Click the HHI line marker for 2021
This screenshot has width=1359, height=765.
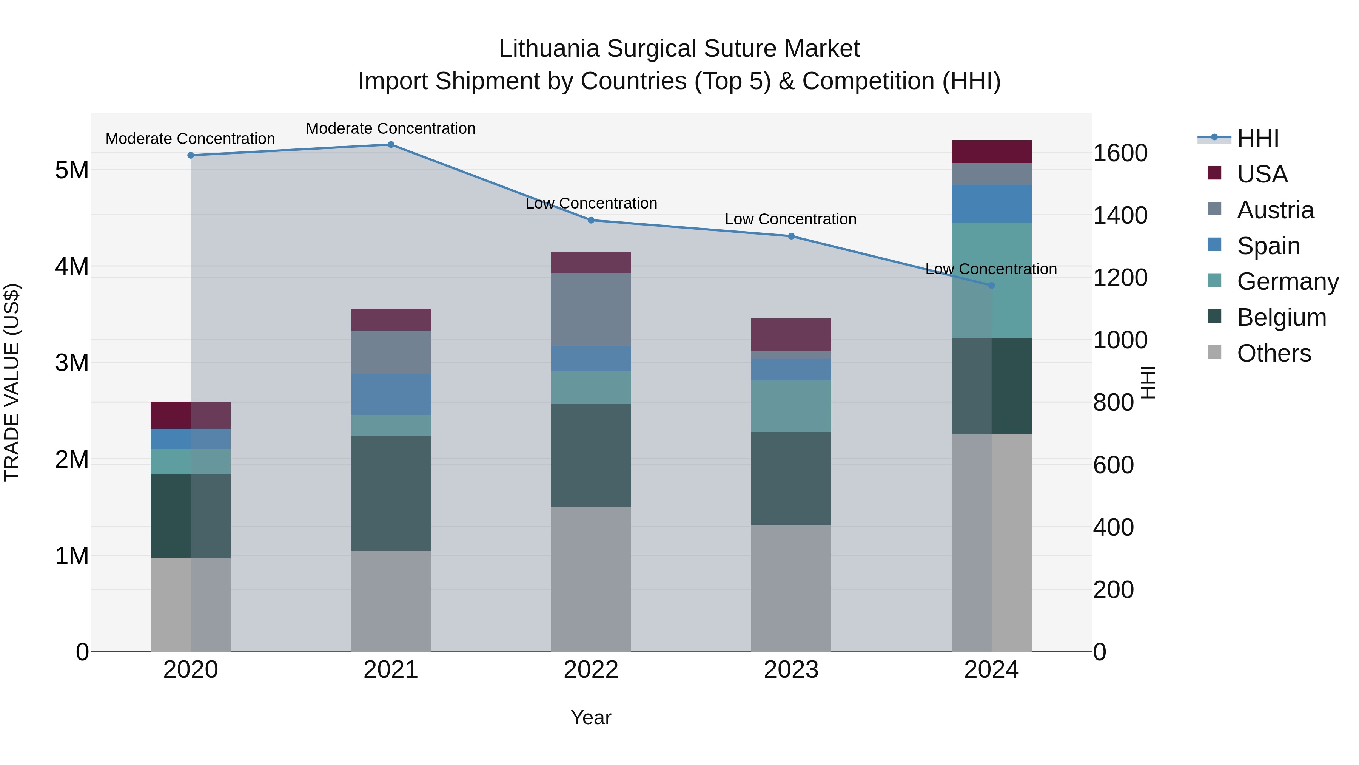pyautogui.click(x=391, y=145)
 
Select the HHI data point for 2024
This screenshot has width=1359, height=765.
pyautogui.click(x=991, y=286)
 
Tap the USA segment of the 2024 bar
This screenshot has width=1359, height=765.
pyautogui.click(x=991, y=151)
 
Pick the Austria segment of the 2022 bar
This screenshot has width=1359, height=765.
pyautogui.click(x=591, y=309)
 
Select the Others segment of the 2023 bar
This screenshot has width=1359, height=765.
pyautogui.click(x=791, y=588)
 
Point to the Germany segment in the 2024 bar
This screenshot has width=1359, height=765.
pyautogui.click(x=991, y=280)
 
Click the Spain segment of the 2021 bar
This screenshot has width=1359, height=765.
pyautogui.click(x=391, y=394)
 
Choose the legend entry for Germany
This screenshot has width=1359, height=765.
pyautogui.click(x=1287, y=281)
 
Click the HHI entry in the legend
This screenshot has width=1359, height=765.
pyautogui.click(x=1257, y=138)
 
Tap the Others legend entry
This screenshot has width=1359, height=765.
pyautogui.click(x=1274, y=353)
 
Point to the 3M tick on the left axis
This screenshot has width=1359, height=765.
pyautogui.click(x=72, y=363)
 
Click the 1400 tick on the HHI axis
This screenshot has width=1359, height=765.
pyautogui.click(x=1120, y=215)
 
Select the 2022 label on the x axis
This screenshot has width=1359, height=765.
pyautogui.click(x=591, y=670)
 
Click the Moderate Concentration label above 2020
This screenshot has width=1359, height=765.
pyautogui.click(x=191, y=139)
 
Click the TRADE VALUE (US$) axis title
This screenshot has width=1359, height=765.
pyautogui.click(x=12, y=382)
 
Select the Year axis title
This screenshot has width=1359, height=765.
pyautogui.click(x=591, y=717)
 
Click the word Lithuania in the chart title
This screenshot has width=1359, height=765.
pyautogui.click(x=549, y=49)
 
